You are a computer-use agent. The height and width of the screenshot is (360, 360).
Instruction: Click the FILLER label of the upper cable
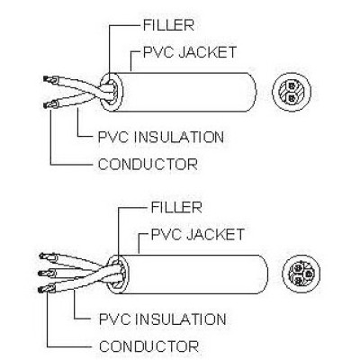coord(168,25)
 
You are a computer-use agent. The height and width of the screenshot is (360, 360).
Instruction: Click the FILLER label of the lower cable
coord(176,208)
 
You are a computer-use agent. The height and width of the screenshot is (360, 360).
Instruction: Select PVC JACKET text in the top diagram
coord(190,52)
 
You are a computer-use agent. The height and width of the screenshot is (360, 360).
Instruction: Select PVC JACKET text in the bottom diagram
coord(198,234)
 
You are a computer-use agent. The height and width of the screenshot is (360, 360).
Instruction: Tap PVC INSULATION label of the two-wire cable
coord(161,137)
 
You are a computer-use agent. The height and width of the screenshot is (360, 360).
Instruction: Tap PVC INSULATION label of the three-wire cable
coord(162,319)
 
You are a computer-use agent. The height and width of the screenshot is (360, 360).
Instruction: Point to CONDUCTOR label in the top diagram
coord(148,164)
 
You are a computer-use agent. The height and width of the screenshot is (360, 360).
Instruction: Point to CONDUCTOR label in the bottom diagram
coord(148,346)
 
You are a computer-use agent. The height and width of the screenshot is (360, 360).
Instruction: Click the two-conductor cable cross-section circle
coord(292,92)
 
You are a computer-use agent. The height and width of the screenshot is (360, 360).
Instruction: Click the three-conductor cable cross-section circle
coord(301,274)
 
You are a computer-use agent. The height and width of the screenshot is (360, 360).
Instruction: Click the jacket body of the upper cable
coord(186,92)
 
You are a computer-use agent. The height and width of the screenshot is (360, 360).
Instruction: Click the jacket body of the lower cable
coord(195,274)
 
